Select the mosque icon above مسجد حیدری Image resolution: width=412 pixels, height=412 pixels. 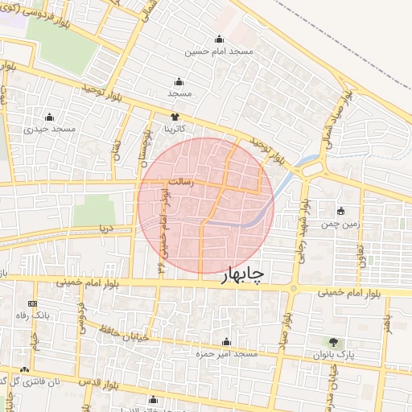click(51, 117)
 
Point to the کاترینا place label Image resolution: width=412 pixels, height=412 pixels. click(175, 128)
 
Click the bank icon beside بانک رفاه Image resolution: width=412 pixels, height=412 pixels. click(32, 303)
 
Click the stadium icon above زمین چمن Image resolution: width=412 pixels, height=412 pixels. click(341, 211)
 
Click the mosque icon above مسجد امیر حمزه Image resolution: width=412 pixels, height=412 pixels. click(226, 341)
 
